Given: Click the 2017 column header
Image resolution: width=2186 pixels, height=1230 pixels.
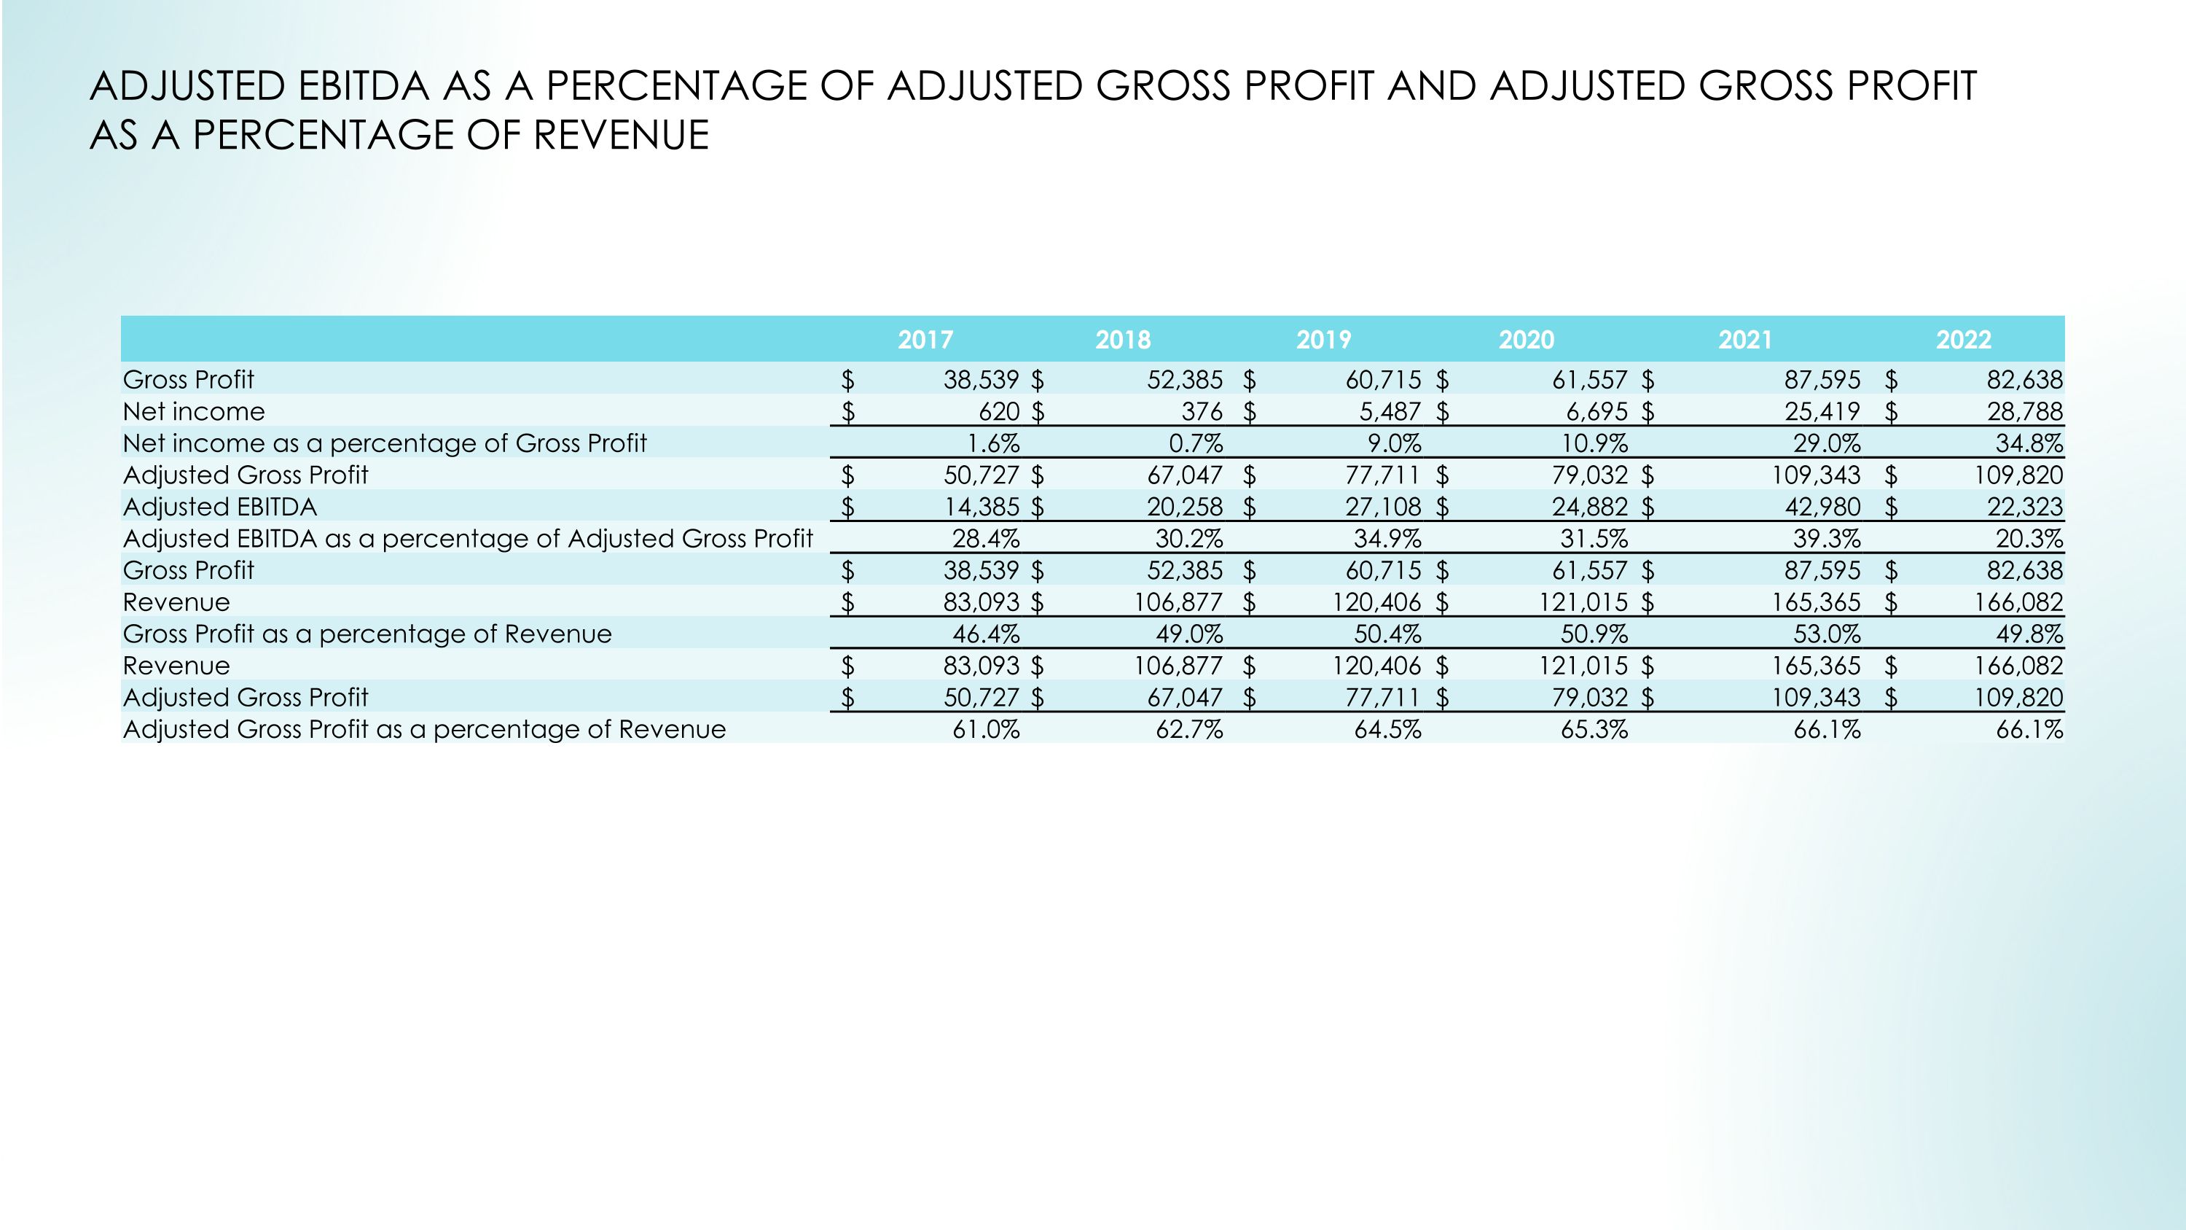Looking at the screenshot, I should pyautogui.click(x=925, y=340).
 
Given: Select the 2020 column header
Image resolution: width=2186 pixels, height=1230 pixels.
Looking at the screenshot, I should pyautogui.click(x=1526, y=340).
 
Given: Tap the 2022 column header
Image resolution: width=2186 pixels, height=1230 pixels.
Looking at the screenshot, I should pyautogui.click(x=1963, y=340).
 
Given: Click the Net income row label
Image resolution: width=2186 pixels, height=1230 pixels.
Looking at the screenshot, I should pyautogui.click(x=194, y=412).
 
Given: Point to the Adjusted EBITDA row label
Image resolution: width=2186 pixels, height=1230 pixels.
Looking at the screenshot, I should pyautogui.click(x=220, y=507).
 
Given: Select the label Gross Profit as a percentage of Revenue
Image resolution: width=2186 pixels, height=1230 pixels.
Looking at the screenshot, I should pyautogui.click(x=367, y=634).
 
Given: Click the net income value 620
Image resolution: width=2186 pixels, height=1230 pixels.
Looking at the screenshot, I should pyautogui.click(x=999, y=412).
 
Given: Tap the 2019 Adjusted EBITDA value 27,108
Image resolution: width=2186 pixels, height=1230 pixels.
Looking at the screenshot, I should pyautogui.click(x=1382, y=507).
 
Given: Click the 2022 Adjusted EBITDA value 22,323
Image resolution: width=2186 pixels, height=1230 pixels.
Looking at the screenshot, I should pyautogui.click(x=2024, y=507).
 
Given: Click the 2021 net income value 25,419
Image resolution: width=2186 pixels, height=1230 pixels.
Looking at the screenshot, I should pyautogui.click(x=1822, y=412).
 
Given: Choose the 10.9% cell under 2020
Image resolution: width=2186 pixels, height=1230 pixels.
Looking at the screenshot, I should pyautogui.click(x=1594, y=443).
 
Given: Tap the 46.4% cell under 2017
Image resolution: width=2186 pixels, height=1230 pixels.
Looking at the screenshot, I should pyautogui.click(x=985, y=634).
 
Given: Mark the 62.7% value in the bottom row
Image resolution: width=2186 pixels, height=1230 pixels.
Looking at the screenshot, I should pyautogui.click(x=1189, y=730).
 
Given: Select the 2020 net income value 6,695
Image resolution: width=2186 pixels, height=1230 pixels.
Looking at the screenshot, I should pyautogui.click(x=1597, y=412).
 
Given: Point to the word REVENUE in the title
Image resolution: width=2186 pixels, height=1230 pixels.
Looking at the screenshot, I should pyautogui.click(x=620, y=136).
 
